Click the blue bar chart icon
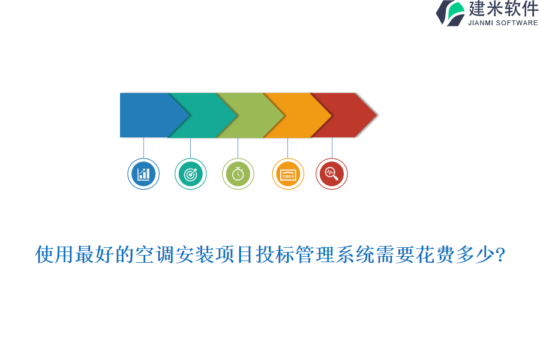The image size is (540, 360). [143, 174]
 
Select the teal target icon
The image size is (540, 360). [190, 174]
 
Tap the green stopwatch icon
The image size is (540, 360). [238, 174]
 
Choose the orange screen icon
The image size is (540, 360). [288, 174]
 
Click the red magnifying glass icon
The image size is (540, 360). [332, 174]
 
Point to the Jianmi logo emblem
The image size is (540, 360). [450, 13]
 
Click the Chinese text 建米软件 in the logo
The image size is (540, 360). [503, 9]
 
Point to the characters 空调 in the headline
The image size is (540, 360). [154, 255]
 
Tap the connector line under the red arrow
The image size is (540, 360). [332, 148]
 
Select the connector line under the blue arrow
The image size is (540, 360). [143, 148]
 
